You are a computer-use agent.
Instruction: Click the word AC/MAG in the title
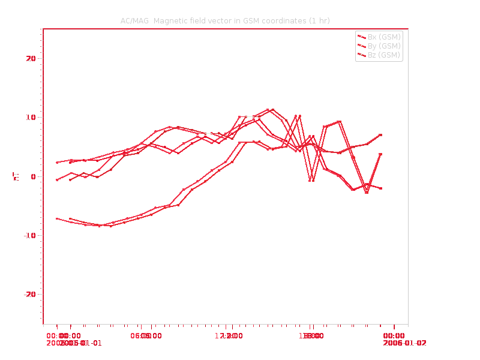click(x=134, y=21)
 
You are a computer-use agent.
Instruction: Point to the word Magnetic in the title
click(x=170, y=21)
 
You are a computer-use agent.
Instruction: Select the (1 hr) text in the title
click(x=319, y=21)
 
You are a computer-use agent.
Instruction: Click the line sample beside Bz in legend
click(x=362, y=55)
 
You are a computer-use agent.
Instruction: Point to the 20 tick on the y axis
click(x=30, y=58)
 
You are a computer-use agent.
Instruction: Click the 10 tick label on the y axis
click(x=30, y=117)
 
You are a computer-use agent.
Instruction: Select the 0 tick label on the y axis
click(x=34, y=176)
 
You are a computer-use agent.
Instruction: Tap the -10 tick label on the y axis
click(x=29, y=235)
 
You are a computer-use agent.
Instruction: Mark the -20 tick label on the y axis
click(x=29, y=294)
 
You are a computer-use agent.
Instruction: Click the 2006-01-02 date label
click(x=405, y=343)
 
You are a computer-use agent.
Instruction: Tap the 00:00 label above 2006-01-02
click(x=394, y=335)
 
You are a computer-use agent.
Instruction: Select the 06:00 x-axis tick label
click(x=146, y=335)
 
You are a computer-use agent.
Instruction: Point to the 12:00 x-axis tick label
click(x=229, y=335)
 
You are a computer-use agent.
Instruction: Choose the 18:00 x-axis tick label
click(x=312, y=335)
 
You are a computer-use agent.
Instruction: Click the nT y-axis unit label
click(x=16, y=176)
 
